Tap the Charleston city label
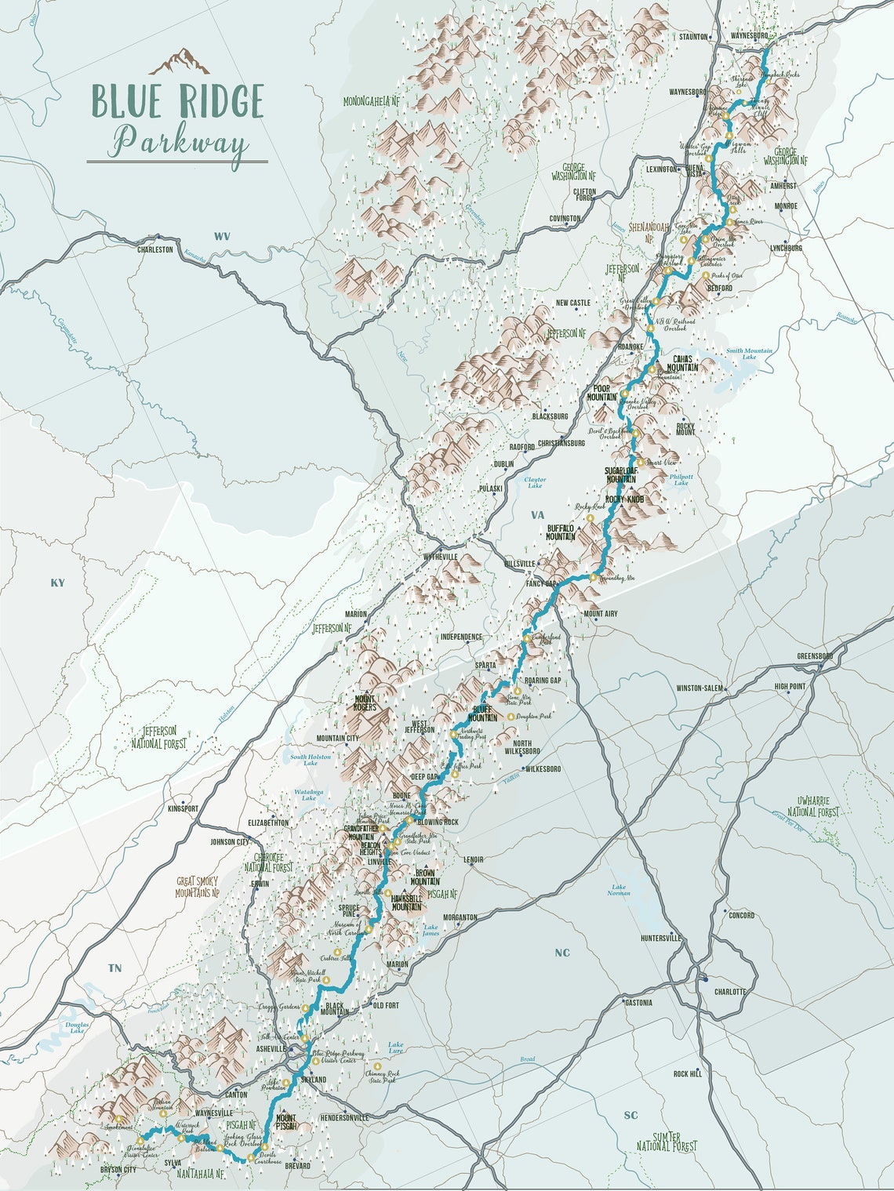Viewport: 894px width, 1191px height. click(154, 249)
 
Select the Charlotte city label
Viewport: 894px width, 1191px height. click(730, 991)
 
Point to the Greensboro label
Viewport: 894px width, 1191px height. click(816, 655)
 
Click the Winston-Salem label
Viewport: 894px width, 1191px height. click(700, 688)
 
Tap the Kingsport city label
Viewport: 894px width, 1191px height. click(184, 808)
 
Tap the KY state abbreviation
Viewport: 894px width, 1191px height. click(57, 583)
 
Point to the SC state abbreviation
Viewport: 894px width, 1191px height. click(631, 1115)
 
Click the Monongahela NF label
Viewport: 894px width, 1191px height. click(372, 101)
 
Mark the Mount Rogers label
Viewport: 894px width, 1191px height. click(365, 703)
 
